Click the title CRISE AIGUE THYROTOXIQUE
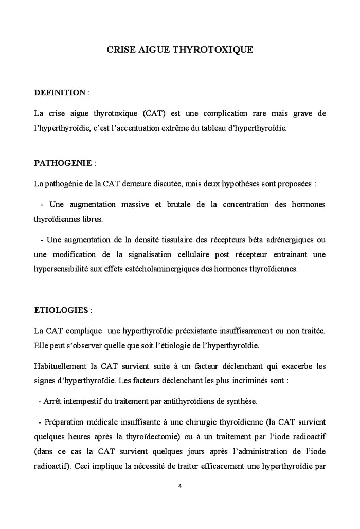[179, 50]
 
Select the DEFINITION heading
[60, 93]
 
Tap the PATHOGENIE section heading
[63, 163]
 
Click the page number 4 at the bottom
[180, 485]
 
